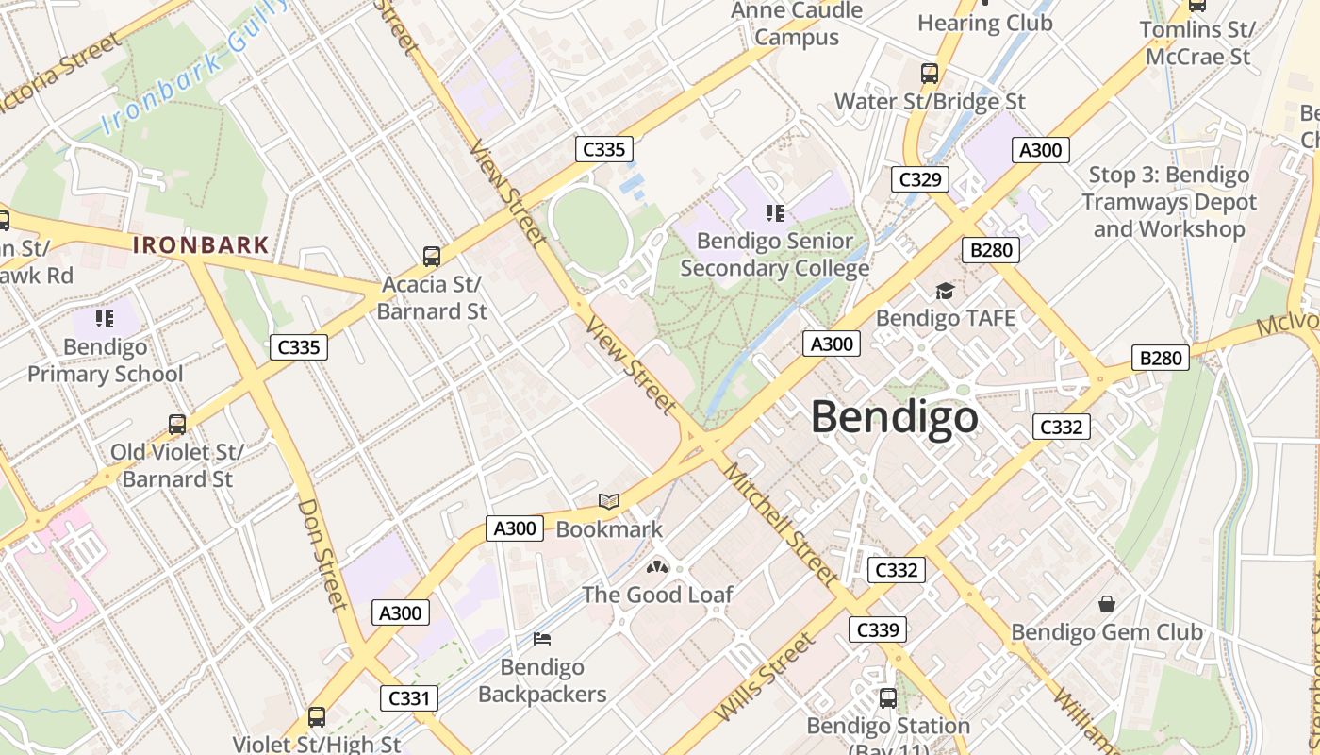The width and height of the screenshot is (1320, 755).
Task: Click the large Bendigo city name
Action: pos(894,416)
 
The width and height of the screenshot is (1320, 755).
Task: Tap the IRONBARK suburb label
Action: pos(201,245)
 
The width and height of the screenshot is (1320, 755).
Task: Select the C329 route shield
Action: pos(919,178)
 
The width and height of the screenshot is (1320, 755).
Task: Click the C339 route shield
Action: pos(877,629)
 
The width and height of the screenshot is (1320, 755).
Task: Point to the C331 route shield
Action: pos(410,698)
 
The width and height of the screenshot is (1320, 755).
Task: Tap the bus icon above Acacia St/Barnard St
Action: pos(432,256)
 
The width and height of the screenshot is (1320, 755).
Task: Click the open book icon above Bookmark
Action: pos(609,502)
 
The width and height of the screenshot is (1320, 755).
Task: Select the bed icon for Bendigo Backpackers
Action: pos(541,639)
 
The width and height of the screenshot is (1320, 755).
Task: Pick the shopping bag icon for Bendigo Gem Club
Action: pos(1107,603)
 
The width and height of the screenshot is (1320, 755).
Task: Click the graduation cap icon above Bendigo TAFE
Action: pos(945,291)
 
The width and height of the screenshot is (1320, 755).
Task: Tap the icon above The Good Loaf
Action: pos(657,567)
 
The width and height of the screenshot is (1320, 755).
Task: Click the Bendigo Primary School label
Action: pos(105,361)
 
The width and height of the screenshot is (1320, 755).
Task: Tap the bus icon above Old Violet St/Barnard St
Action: pos(177,424)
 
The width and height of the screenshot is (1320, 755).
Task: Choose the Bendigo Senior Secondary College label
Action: pos(774,255)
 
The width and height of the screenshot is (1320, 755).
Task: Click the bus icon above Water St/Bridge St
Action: pos(930,73)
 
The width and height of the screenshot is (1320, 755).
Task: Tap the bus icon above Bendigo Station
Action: pos(887,697)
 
